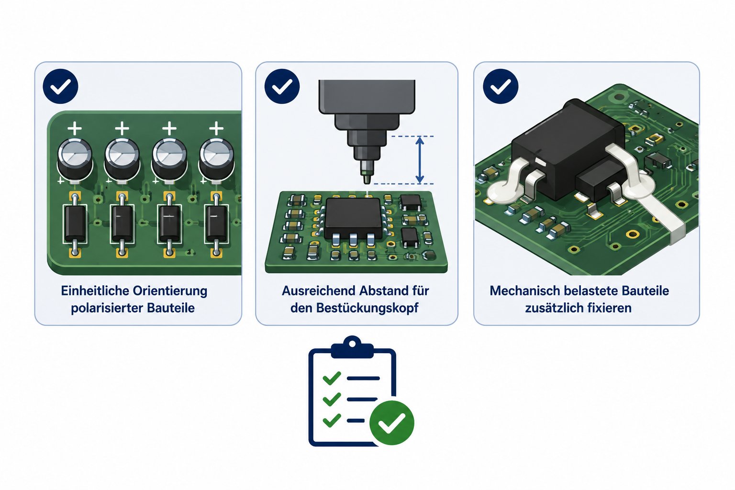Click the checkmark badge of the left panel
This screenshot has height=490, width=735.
(60, 86)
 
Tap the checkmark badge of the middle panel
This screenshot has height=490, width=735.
(282, 86)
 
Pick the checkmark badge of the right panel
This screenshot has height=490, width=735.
(501, 86)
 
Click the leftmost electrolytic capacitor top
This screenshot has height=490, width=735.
(75, 154)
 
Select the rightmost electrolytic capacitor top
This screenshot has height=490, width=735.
(217, 154)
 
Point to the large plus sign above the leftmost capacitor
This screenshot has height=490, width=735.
(75, 128)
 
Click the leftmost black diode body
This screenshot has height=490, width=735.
(75, 223)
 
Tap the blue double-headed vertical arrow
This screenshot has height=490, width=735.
(420, 160)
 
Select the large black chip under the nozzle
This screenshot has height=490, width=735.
(353, 217)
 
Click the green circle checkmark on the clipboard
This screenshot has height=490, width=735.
(392, 423)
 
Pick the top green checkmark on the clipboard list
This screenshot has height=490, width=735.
(332, 378)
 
